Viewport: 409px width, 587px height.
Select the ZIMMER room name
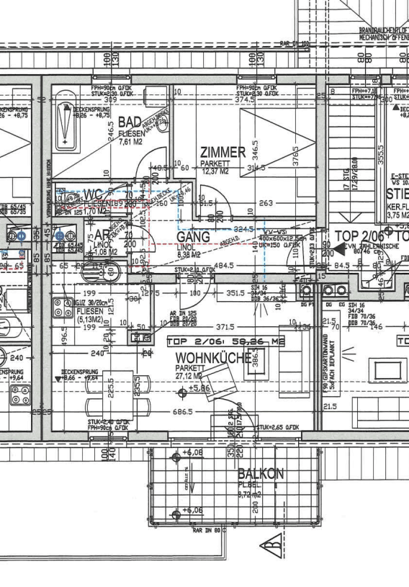[x=223, y=153]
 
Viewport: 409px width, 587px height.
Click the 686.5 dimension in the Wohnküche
[x=180, y=413]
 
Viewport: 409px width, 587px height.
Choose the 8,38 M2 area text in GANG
[x=189, y=254]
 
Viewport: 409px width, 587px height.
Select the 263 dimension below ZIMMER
[x=266, y=203]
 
